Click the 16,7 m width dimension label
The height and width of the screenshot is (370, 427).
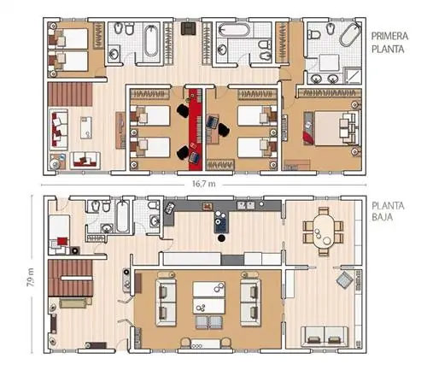coord(204,184)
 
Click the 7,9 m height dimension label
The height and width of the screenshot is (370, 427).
coord(31,277)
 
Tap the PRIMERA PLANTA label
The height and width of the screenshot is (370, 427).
coord(389,43)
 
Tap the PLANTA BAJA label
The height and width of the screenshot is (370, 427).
coord(388,211)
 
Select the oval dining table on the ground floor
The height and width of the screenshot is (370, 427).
coord(323,232)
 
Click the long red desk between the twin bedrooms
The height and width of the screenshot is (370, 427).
coord(196,129)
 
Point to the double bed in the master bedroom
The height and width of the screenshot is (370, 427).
coord(336,128)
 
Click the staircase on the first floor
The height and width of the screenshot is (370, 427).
coord(70,94)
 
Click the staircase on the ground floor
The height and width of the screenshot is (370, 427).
coord(70,278)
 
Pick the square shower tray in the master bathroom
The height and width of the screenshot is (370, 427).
coord(353,75)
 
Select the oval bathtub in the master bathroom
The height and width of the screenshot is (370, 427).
coord(350,34)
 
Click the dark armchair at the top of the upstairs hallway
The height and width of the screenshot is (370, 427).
coord(189,28)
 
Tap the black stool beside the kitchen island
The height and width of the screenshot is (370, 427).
coord(221,238)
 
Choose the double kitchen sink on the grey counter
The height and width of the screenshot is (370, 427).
coord(246,205)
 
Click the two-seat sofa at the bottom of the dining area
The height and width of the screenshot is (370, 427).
coord(325,338)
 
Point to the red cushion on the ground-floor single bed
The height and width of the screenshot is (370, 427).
coord(62,241)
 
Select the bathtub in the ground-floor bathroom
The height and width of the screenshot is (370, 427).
coord(123,216)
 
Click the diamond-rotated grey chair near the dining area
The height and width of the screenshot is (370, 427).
coord(345,280)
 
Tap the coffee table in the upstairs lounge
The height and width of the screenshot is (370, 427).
coord(86,127)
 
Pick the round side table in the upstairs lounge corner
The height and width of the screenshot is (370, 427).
coord(54,164)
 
